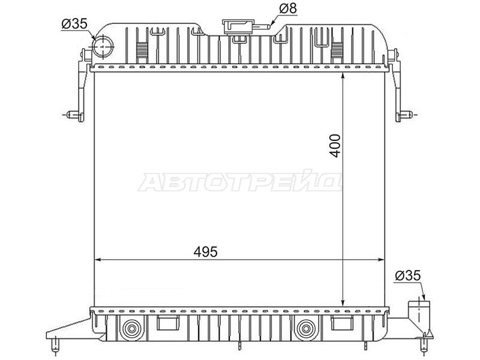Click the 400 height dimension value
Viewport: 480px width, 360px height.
coord(336,146)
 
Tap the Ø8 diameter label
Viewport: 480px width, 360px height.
coord(288,8)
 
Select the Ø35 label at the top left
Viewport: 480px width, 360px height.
coord(74,23)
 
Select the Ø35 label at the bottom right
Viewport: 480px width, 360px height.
coord(408,276)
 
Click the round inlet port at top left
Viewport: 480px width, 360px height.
coord(103,47)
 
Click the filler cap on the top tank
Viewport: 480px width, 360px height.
coord(238,27)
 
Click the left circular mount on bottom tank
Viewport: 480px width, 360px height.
coord(132,329)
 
